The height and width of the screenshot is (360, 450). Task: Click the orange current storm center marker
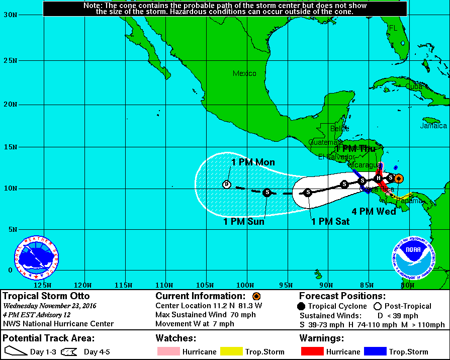click(398, 178)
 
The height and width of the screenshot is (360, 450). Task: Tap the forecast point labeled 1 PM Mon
click(226, 185)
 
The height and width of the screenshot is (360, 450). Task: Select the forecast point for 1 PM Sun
click(267, 192)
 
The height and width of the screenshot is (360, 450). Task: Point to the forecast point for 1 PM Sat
click(308, 192)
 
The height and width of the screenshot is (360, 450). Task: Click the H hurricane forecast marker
click(379, 178)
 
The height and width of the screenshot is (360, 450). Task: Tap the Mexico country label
click(244, 74)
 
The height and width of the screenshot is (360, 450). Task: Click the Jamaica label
click(434, 126)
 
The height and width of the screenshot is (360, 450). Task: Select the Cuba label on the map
click(414, 86)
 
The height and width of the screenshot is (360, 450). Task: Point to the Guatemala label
click(325, 142)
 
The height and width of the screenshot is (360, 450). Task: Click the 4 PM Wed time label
click(374, 212)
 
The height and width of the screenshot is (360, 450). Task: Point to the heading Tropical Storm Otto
click(46, 296)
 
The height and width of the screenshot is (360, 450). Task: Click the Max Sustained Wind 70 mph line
click(206, 315)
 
